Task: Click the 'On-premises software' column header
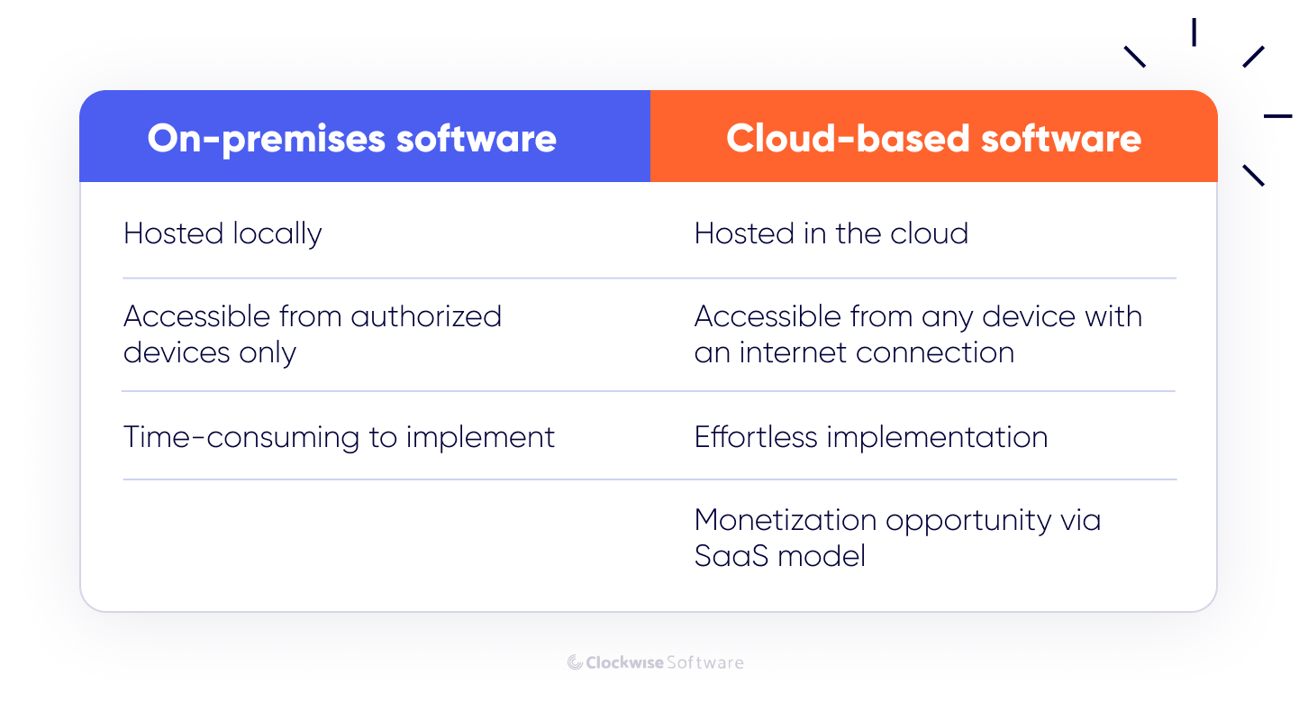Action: [351, 139]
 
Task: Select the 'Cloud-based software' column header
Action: [933, 139]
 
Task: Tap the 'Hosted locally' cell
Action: [223, 234]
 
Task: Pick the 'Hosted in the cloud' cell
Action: [831, 234]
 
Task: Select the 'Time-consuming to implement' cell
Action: [339, 437]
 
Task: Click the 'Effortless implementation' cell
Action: [870, 437]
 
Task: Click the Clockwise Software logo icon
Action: [575, 662]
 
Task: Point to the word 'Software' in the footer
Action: [705, 662]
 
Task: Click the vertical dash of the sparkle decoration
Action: [1194, 32]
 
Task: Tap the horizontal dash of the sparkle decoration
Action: [1277, 116]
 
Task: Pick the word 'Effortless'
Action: [756, 437]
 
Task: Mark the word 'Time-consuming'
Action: [241, 437]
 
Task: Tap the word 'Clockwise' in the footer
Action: [624, 662]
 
